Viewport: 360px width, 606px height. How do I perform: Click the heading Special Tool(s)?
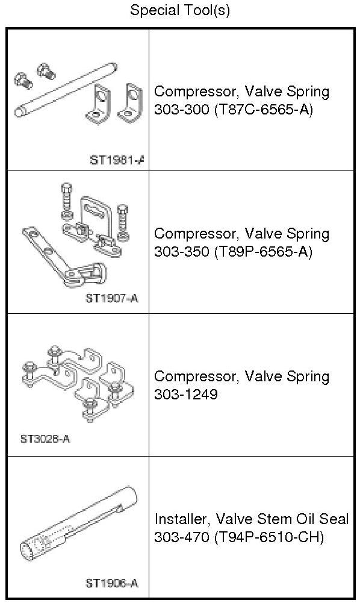click(x=179, y=10)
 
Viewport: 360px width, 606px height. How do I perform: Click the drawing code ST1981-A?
click(x=117, y=160)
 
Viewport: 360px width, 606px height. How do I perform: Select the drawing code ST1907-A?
click(x=111, y=298)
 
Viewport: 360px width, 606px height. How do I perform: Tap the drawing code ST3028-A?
click(x=45, y=439)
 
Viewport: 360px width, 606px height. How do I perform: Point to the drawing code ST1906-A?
click(x=111, y=583)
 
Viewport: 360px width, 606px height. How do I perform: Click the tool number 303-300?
click(x=181, y=110)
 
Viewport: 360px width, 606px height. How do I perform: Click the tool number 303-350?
click(x=181, y=252)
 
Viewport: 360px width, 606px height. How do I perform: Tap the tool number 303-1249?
click(x=186, y=394)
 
